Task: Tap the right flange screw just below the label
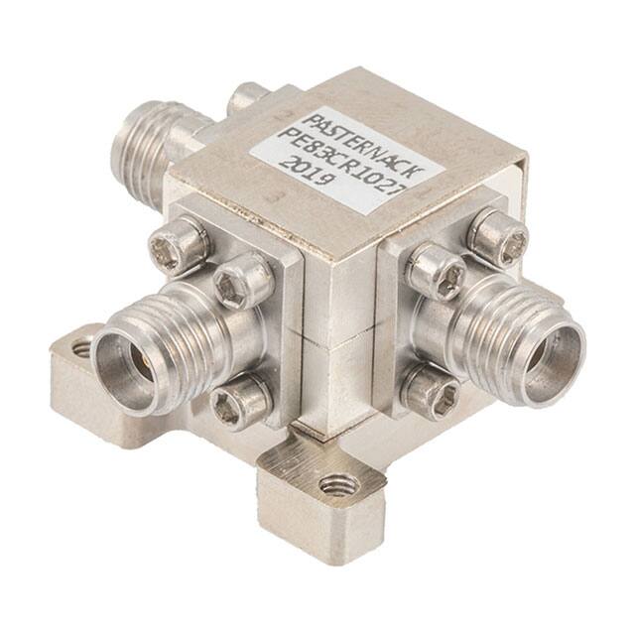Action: (434, 271)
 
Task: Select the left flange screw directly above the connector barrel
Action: (242, 281)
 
